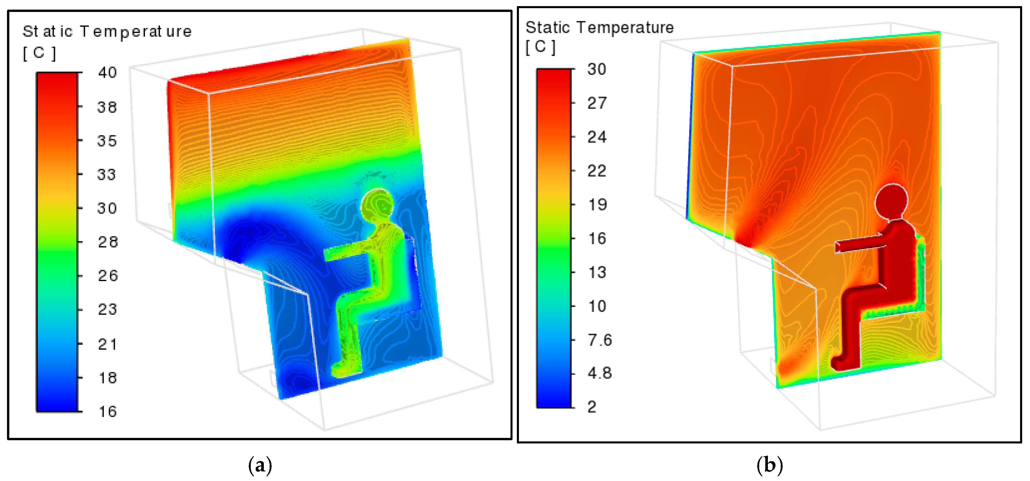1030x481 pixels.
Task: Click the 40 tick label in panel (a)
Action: tap(107, 73)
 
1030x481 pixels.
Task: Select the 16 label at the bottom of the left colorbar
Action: tap(107, 411)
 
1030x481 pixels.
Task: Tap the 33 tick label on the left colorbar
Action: tap(106, 175)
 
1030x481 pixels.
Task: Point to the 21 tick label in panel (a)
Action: tap(107, 344)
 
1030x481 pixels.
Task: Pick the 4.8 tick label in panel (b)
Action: tap(599, 374)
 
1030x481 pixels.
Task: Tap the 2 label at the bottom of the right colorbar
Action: tap(592, 407)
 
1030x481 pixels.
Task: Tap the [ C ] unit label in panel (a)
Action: tap(39, 53)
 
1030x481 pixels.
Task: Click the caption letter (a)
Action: tap(260, 465)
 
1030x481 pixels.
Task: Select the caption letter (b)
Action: tap(769, 465)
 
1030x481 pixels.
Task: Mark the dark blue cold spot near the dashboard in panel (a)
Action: tap(244, 236)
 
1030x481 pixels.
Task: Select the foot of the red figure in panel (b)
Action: tap(842, 362)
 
